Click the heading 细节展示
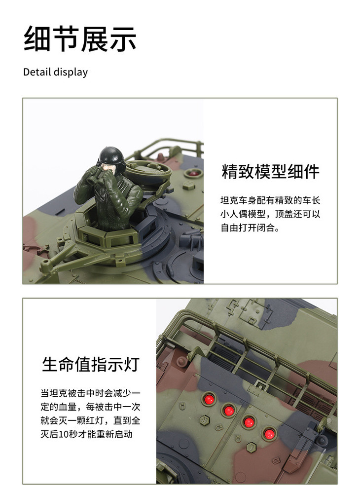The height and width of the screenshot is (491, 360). [x=80, y=38]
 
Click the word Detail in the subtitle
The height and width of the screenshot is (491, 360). [x=37, y=72]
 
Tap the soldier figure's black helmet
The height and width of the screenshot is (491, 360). [x=111, y=155]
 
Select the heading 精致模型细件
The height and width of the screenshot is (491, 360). [x=270, y=171]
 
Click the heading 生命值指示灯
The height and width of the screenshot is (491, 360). [x=91, y=364]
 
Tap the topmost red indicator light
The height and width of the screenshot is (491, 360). [x=209, y=399]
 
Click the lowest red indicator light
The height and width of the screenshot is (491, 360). [x=269, y=434]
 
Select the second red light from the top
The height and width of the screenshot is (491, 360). [x=229, y=410]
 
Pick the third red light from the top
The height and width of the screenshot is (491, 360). [x=249, y=422]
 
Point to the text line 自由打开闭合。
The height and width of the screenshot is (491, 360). [x=250, y=227]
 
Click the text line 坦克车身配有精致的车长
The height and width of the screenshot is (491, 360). [x=270, y=200]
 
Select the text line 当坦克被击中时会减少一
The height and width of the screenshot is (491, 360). [x=90, y=393]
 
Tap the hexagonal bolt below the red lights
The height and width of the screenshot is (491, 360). [x=252, y=447]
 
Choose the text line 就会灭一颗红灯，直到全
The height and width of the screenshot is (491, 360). [x=90, y=420]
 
